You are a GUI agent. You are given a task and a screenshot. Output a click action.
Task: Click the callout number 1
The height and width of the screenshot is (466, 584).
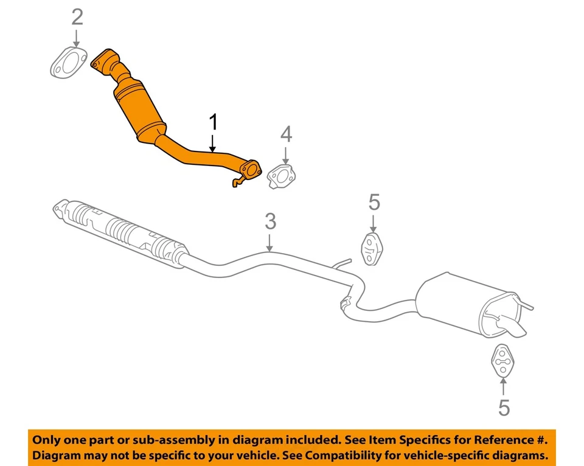[x=212, y=123]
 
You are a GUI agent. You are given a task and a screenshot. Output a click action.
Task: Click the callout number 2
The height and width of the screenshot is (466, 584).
[x=77, y=17]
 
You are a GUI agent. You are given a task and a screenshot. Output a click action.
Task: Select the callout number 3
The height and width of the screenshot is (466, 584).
[x=271, y=221]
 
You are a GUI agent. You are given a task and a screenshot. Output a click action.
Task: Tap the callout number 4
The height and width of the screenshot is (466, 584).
[x=286, y=134]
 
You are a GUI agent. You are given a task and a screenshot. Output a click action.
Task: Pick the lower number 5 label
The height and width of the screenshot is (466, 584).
[x=504, y=408]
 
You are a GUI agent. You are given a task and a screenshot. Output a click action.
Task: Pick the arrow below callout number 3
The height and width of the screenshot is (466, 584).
[x=271, y=243]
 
